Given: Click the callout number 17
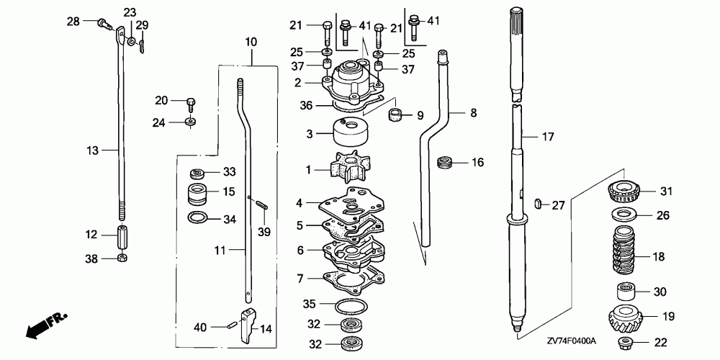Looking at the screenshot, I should [548, 135].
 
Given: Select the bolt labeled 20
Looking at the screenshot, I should [191, 104].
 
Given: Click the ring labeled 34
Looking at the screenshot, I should [199, 217].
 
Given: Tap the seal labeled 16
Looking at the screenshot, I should [446, 163].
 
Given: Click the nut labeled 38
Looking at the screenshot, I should [121, 258].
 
